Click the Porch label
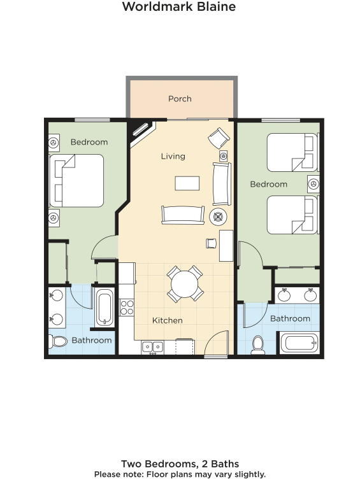pyautogui.click(x=180, y=99)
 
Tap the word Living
pyautogui.click(x=173, y=156)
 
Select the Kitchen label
pyautogui.click(x=167, y=320)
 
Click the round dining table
pyautogui.click(x=184, y=284)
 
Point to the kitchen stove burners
pyautogui.click(x=127, y=307)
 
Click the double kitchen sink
pyautogui.click(x=152, y=347)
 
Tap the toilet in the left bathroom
pyautogui.click(x=58, y=341)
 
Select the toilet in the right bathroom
pyautogui.click(x=258, y=345)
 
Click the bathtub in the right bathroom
pyautogui.click(x=299, y=343)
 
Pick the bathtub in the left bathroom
pyautogui.click(x=104, y=308)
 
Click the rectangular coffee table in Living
pyautogui.click(x=187, y=183)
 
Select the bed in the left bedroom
pyautogui.click(x=76, y=181)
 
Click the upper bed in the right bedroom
pyautogui.click(x=293, y=153)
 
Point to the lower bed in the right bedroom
pyautogui.click(x=293, y=215)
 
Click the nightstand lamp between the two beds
pyautogui.click(x=313, y=183)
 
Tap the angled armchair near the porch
pyautogui.click(x=219, y=138)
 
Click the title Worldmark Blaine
pyautogui.click(x=179, y=6)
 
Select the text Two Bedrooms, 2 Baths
pyautogui.click(x=180, y=464)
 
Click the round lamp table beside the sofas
pyautogui.click(x=218, y=216)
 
